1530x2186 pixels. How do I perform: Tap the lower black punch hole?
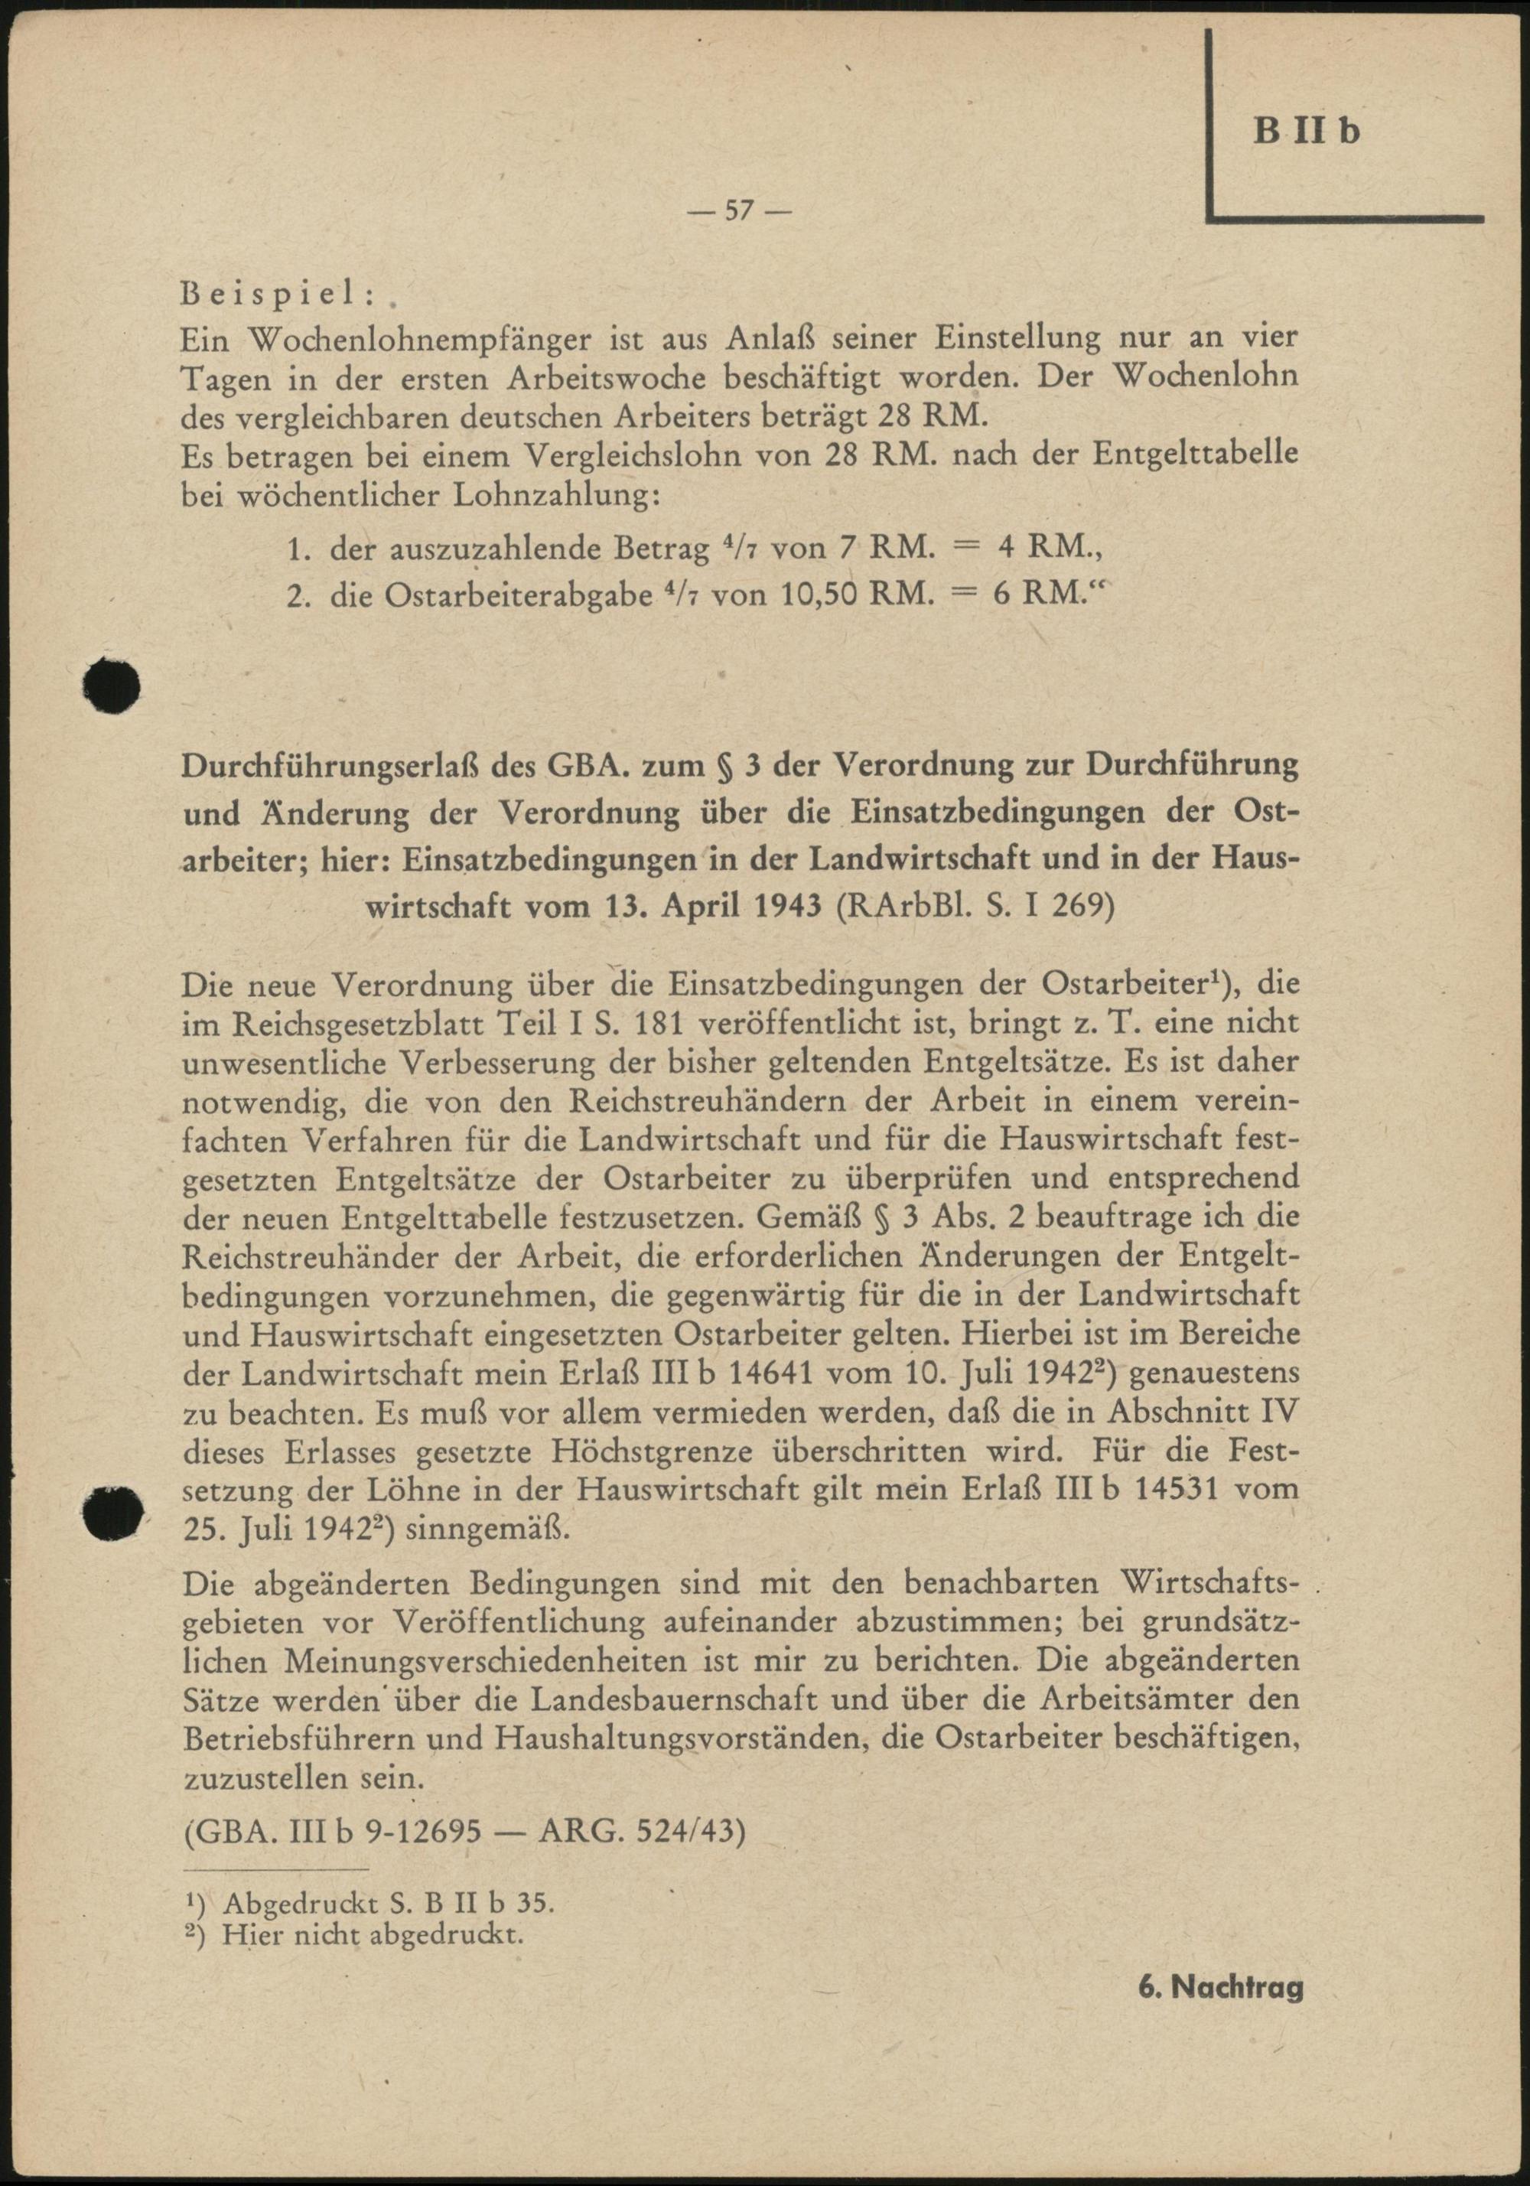(x=112, y=1511)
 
